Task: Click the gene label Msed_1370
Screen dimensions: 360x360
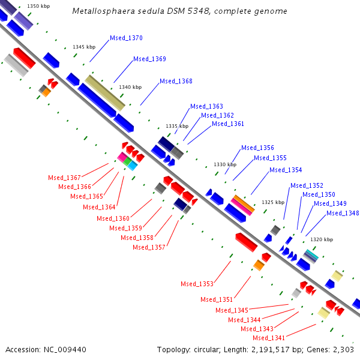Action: click(x=126, y=38)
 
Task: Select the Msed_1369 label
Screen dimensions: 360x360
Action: click(x=149, y=59)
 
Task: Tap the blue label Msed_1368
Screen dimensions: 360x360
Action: click(x=176, y=81)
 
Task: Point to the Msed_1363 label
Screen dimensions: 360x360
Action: click(x=206, y=106)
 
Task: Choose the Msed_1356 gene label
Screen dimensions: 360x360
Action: click(x=257, y=148)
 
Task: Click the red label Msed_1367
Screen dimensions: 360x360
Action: click(x=64, y=178)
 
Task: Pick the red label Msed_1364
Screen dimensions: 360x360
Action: click(x=99, y=207)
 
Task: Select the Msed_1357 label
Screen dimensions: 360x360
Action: click(x=149, y=247)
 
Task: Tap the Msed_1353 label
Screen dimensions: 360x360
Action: click(x=197, y=284)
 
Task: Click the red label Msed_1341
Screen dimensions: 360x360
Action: click(x=269, y=338)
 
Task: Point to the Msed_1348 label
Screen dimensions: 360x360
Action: click(x=343, y=213)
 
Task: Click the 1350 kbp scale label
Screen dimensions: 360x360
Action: click(x=38, y=6)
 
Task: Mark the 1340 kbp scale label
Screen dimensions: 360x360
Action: click(x=130, y=87)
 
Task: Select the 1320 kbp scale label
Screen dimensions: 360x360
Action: click(x=322, y=239)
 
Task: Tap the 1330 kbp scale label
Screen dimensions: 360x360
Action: click(x=225, y=164)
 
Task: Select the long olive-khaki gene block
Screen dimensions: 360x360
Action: click(x=105, y=92)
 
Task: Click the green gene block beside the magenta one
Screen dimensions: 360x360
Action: click(x=127, y=161)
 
